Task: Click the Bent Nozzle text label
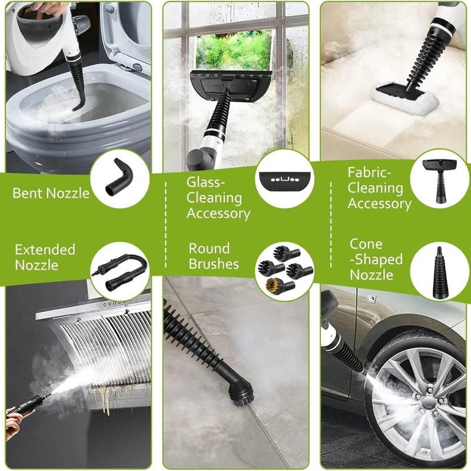click(x=51, y=193)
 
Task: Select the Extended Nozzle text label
click(x=45, y=257)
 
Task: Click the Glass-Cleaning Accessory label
click(x=218, y=198)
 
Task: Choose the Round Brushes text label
click(x=214, y=256)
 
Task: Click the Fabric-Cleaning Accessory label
click(x=379, y=188)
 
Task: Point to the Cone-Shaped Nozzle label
click(x=376, y=260)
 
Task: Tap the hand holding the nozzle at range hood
click(x=15, y=416)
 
